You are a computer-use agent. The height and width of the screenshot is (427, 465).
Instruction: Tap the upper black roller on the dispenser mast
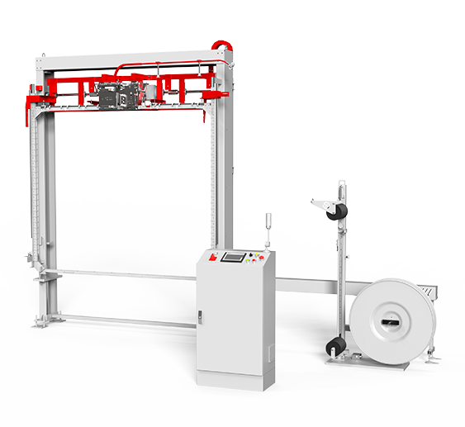[336, 212]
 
